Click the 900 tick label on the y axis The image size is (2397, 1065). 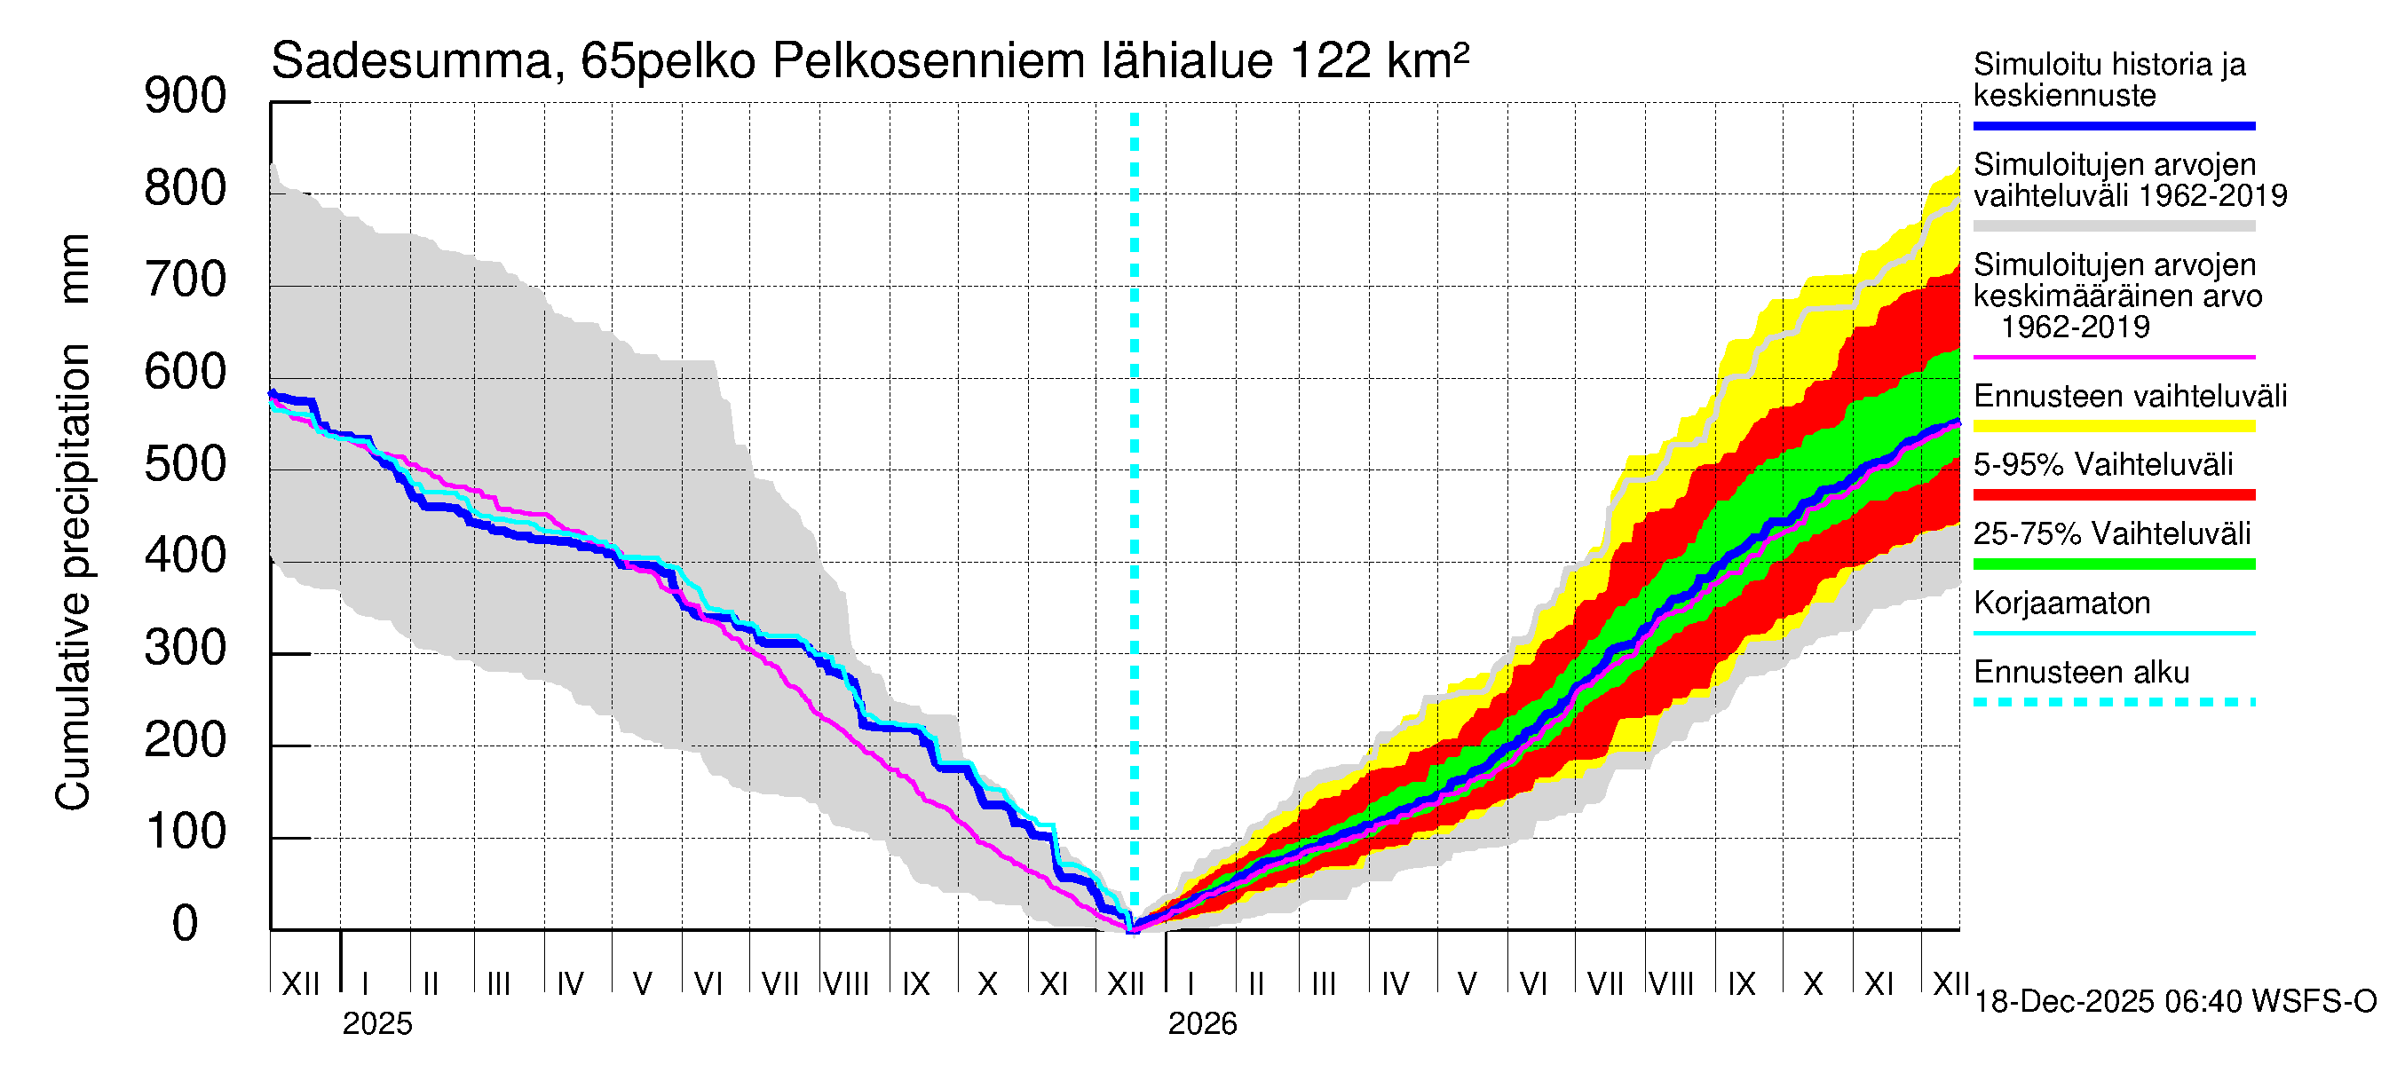tap(186, 97)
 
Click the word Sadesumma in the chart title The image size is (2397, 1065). tap(411, 61)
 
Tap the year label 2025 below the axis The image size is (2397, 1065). tap(376, 1023)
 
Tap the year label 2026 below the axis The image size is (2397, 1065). tap(1202, 1023)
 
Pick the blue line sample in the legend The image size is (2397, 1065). tap(2114, 125)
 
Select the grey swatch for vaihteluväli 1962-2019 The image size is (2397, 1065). tap(2114, 226)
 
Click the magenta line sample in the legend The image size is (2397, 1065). tap(2114, 357)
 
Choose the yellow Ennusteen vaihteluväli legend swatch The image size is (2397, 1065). tap(2114, 426)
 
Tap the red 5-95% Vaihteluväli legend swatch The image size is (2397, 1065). tap(2114, 495)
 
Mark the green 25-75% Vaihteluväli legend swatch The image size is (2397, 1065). tap(2114, 564)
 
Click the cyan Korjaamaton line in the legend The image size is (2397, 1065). tap(2114, 634)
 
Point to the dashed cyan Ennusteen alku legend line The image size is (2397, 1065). tap(2114, 702)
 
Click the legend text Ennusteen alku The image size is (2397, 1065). tap(2082, 673)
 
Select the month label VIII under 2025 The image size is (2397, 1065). tap(847, 983)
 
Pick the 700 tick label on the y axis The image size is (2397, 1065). tap(186, 281)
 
